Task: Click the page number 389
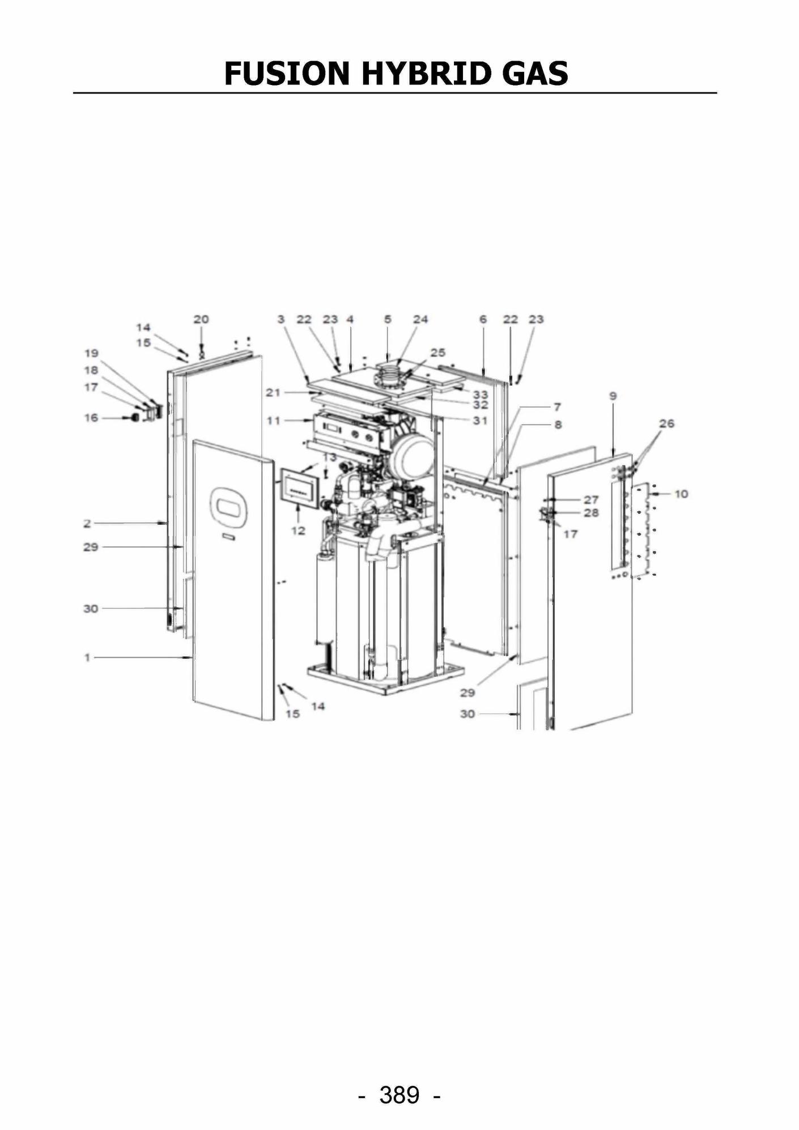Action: pyautogui.click(x=399, y=1095)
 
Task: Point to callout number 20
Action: pyautogui.click(x=201, y=319)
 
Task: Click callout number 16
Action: pyautogui.click(x=91, y=418)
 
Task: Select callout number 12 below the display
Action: pyautogui.click(x=298, y=530)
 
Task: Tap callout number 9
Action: pyautogui.click(x=613, y=396)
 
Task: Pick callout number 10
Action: pyautogui.click(x=681, y=494)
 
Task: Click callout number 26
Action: pyautogui.click(x=667, y=423)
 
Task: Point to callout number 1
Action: pyautogui.click(x=87, y=657)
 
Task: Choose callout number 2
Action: pyautogui.click(x=87, y=523)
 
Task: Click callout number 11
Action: pyautogui.click(x=274, y=420)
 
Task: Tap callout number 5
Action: pyautogui.click(x=388, y=319)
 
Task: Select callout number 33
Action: pyautogui.click(x=481, y=394)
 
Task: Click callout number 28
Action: pyautogui.click(x=591, y=512)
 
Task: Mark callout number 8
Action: pyautogui.click(x=558, y=424)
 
